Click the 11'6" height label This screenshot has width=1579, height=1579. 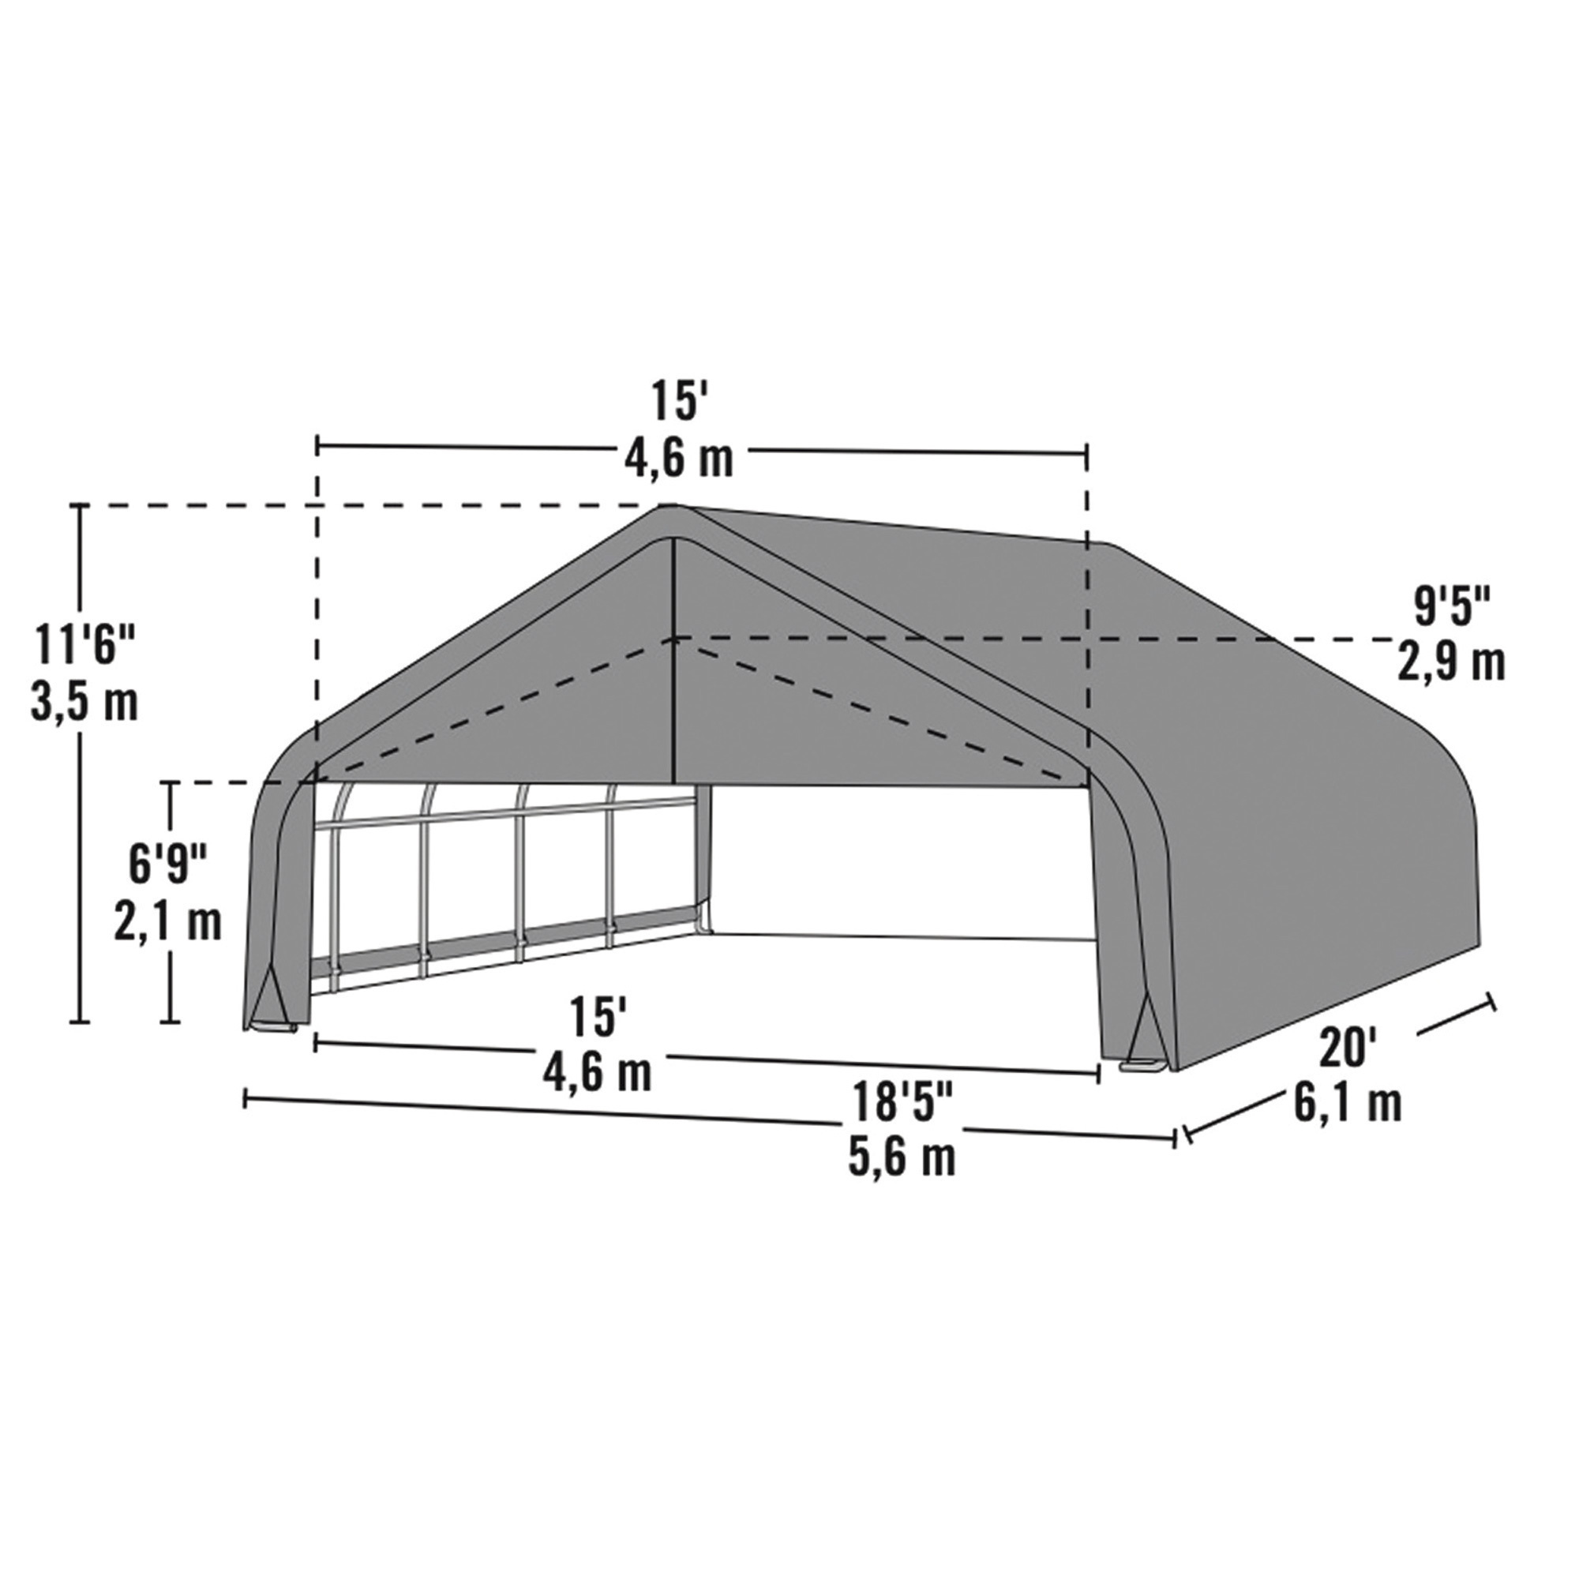tap(84, 645)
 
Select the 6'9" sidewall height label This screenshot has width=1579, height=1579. tap(167, 865)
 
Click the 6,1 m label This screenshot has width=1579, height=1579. tap(1348, 1105)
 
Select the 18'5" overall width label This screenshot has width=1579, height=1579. tap(902, 1101)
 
